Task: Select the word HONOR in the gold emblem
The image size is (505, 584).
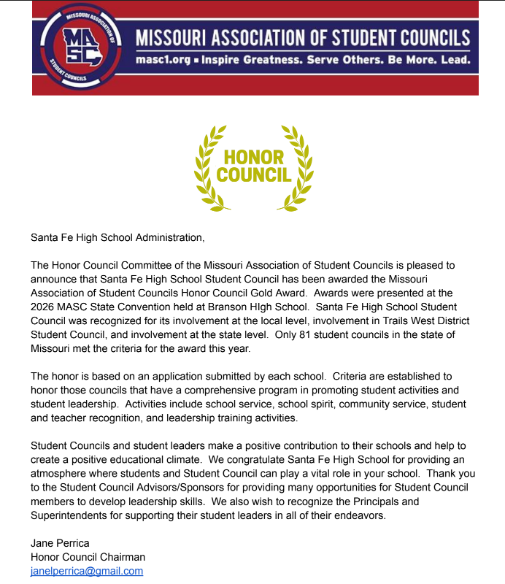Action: (x=253, y=157)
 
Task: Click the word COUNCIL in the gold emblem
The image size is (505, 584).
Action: (x=253, y=174)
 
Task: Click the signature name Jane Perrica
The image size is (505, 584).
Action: (x=60, y=543)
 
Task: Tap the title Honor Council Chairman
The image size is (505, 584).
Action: (x=88, y=557)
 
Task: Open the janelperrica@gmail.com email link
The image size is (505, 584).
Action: (x=87, y=571)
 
